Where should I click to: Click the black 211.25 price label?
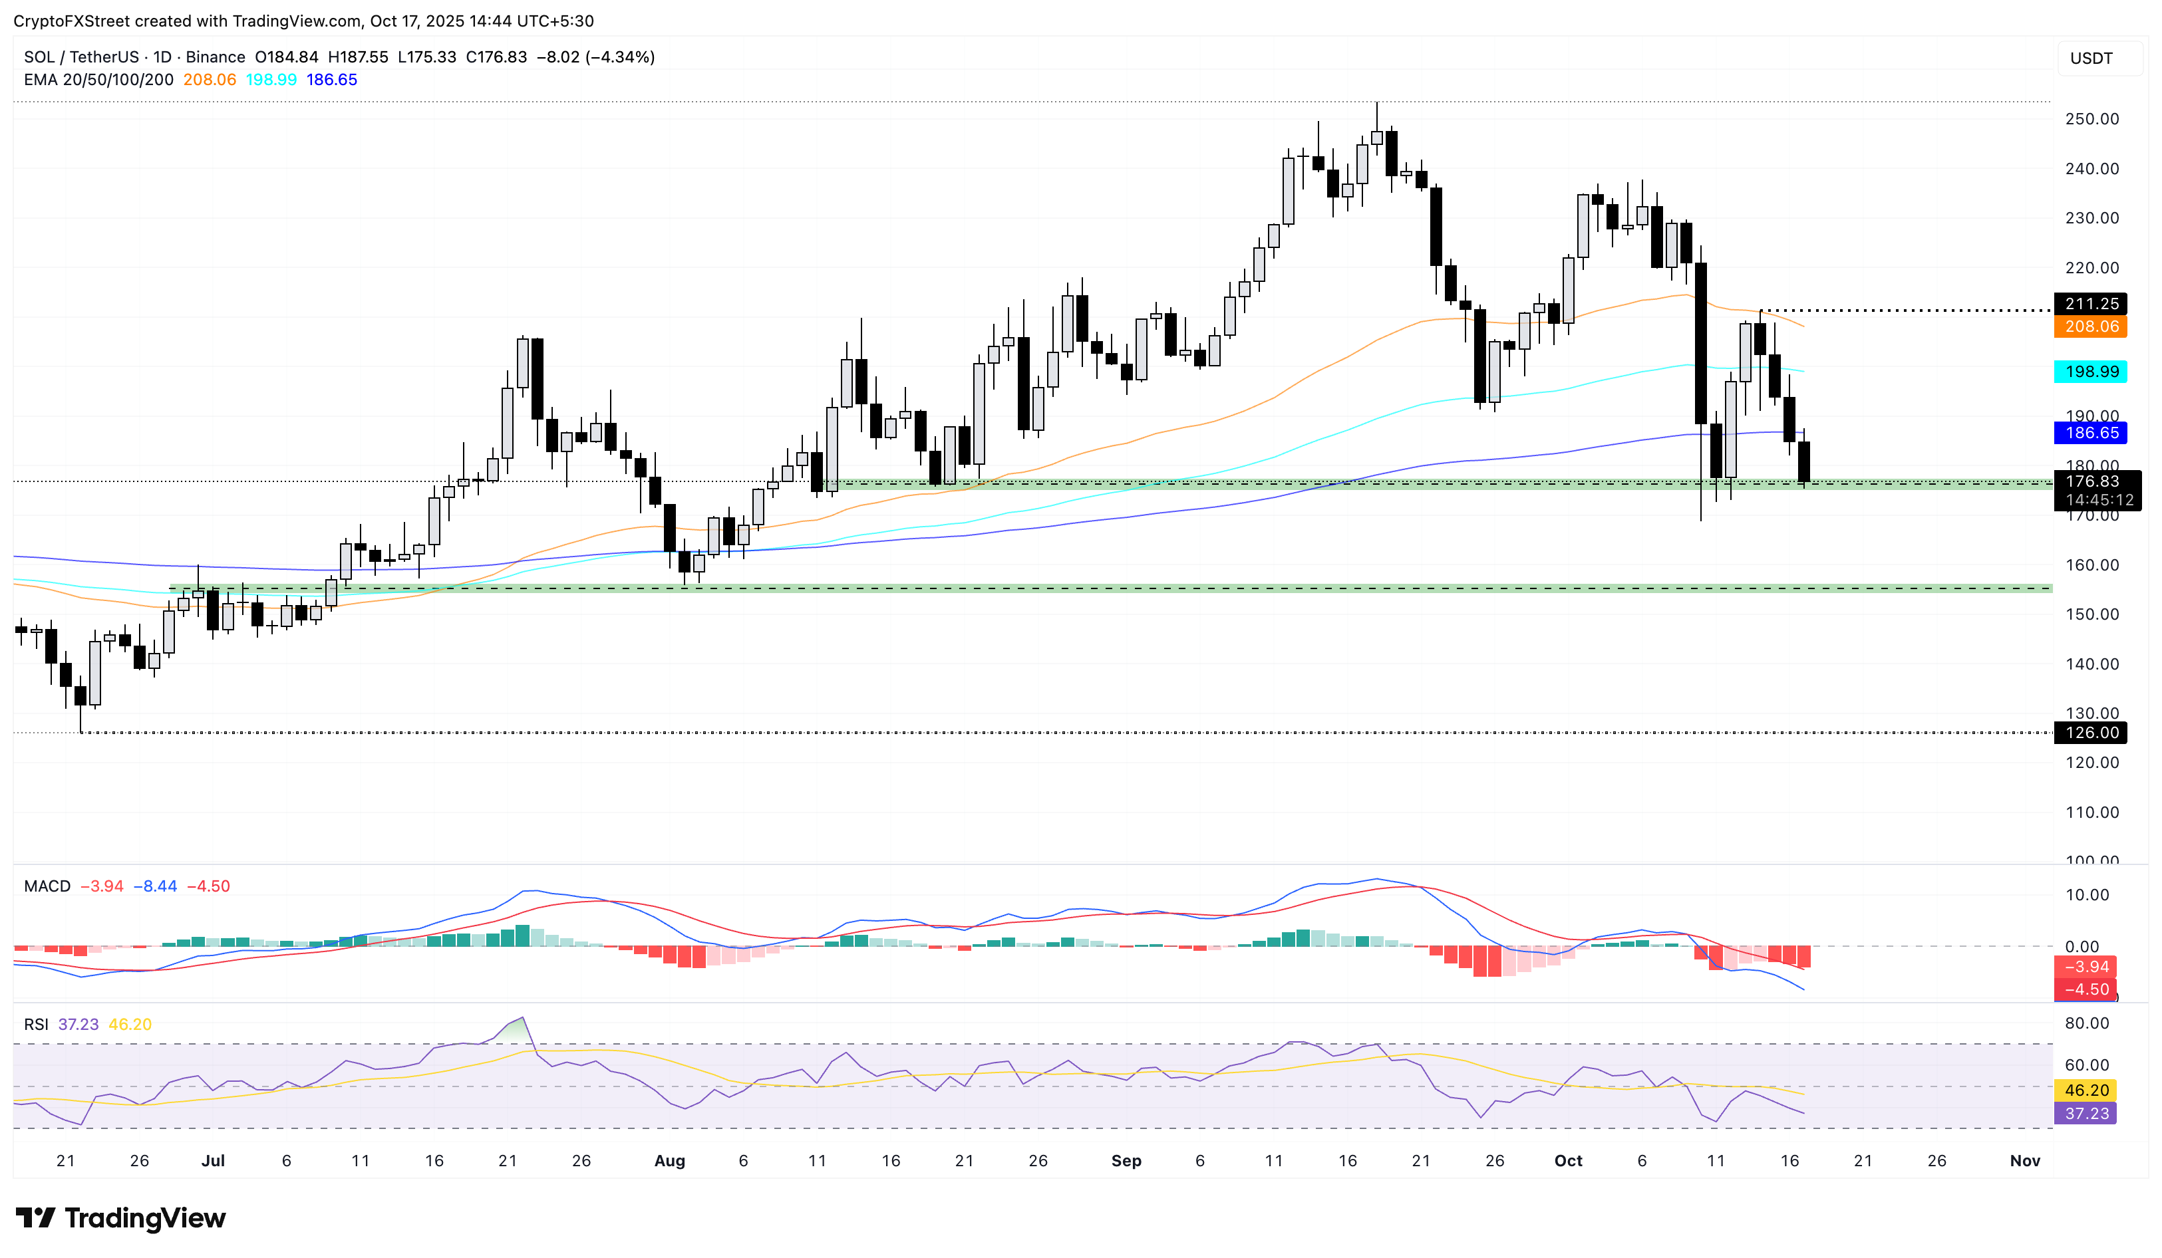click(2091, 304)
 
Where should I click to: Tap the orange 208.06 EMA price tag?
click(2091, 326)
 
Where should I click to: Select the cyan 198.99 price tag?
click(2091, 371)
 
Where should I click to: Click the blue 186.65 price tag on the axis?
click(2091, 433)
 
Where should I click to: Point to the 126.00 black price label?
click(2091, 733)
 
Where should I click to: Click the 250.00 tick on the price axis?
click(2091, 119)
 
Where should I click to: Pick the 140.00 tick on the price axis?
click(2091, 664)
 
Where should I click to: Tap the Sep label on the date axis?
click(1126, 1161)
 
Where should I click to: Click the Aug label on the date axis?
click(669, 1161)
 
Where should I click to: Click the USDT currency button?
click(2091, 59)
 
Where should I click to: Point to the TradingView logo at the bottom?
click(121, 1217)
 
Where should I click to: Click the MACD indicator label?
click(47, 886)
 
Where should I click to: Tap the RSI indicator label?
click(36, 1025)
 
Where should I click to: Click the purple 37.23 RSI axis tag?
click(2085, 1114)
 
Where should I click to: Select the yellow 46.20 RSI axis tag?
click(2085, 1091)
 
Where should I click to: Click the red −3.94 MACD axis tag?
click(2085, 967)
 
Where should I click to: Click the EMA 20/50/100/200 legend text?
click(98, 80)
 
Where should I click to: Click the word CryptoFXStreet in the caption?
click(71, 21)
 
